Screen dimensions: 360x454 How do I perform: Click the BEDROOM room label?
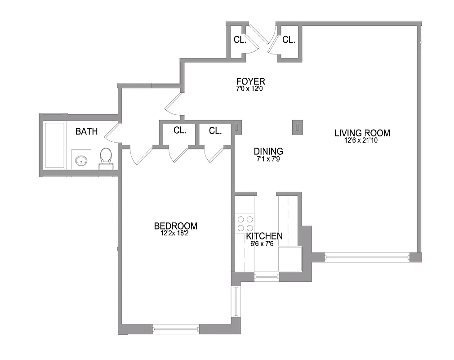pos(175,226)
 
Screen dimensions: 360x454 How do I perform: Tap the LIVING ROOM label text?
pos(362,133)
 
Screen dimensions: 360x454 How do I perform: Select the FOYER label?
pos(250,81)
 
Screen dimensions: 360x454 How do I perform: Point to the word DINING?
pos(268,151)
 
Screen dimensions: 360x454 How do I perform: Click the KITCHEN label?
pos(264,236)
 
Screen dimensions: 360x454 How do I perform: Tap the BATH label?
pos(86,131)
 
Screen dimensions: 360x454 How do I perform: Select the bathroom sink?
pos(81,160)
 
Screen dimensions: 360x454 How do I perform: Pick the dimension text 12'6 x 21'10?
pos(362,140)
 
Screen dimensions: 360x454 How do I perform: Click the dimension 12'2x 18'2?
pos(175,234)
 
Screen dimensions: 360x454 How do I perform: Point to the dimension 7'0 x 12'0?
pos(250,89)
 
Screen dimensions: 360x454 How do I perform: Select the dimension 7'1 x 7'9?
pos(268,159)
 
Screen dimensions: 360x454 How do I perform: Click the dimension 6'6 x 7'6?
pos(264,243)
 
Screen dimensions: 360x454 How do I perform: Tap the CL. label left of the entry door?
pos(240,40)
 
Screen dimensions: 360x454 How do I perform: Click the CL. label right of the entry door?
pos(289,40)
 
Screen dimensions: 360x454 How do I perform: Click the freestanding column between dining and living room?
pos(297,127)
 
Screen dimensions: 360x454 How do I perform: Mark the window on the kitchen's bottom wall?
pos(266,275)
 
